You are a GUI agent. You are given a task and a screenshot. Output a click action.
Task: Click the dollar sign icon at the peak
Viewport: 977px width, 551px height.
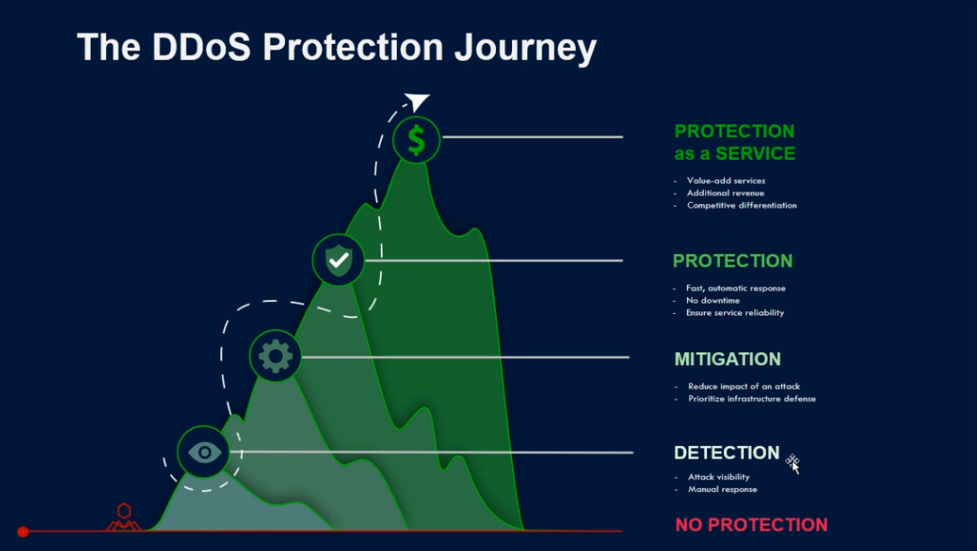[x=416, y=140]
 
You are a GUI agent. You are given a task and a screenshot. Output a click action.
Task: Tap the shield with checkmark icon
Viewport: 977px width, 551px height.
[x=338, y=260]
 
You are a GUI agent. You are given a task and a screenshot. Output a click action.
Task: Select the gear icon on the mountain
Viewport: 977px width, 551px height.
[x=276, y=356]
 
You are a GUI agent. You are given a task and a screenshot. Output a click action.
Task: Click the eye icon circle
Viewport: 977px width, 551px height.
[x=203, y=452]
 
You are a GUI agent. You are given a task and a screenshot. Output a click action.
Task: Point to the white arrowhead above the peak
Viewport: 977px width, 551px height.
[x=417, y=101]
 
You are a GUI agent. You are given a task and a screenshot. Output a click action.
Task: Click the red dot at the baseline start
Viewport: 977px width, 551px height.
[x=23, y=532]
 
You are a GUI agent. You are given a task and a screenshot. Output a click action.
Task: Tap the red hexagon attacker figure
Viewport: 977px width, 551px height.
[x=124, y=517]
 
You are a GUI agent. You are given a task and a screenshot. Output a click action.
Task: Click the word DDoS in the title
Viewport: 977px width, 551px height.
[x=201, y=47]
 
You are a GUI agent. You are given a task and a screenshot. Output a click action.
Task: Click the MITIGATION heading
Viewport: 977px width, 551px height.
[x=727, y=359]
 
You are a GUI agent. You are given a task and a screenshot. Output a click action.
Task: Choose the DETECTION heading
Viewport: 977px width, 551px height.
[x=726, y=453]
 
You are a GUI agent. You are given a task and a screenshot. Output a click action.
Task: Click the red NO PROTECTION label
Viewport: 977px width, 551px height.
[x=752, y=525]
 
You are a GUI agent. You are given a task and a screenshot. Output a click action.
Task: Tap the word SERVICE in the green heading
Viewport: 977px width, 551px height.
[x=755, y=153]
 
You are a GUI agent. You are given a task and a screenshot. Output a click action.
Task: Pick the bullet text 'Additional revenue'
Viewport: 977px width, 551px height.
[x=726, y=193]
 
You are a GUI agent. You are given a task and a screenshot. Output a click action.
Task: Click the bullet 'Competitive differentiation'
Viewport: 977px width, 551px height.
[x=742, y=205]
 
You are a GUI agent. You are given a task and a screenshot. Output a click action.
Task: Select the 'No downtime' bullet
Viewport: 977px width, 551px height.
[x=713, y=300]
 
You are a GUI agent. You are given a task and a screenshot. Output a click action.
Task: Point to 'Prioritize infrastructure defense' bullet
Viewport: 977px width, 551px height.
[x=752, y=399]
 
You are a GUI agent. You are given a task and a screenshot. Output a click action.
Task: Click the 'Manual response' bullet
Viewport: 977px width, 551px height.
[x=722, y=490]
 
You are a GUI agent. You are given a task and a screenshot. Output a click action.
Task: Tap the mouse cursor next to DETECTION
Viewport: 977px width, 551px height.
[x=793, y=464]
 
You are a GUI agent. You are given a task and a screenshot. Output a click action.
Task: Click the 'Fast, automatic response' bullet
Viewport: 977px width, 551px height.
[x=736, y=288]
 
